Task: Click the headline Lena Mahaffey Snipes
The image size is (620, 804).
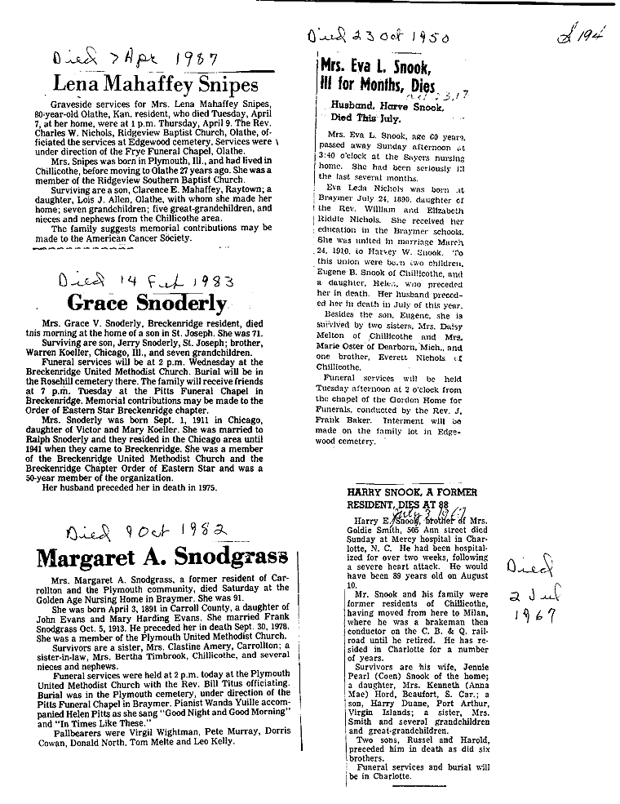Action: point(155,84)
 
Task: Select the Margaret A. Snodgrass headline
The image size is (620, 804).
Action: point(162,558)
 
